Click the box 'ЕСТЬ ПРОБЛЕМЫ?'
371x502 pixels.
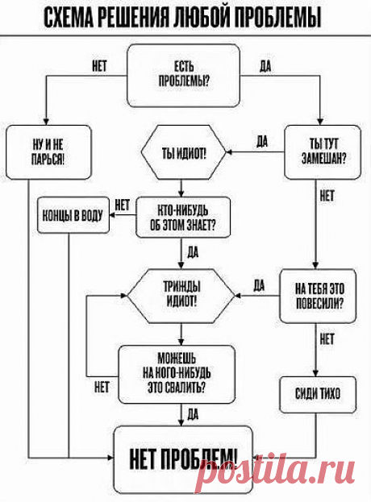click(184, 75)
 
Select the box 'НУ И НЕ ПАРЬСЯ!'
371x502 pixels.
click(48, 152)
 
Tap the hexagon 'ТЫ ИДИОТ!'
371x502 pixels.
click(184, 151)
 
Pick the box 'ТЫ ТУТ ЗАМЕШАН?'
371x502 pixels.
click(323, 152)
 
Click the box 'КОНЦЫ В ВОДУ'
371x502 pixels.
click(73, 215)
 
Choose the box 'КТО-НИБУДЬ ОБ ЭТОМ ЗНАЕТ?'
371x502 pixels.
click(183, 218)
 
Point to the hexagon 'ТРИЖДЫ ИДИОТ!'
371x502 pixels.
click(181, 296)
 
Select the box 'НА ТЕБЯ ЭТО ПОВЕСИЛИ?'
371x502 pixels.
click(318, 296)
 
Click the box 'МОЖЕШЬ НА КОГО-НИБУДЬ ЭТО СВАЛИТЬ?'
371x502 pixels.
click(177, 374)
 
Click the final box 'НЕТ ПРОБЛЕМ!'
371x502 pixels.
click(184, 459)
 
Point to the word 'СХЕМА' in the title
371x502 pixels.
click(68, 17)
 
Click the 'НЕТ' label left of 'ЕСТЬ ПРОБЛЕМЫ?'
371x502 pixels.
click(99, 66)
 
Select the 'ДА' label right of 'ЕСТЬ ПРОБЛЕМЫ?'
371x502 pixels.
click(265, 66)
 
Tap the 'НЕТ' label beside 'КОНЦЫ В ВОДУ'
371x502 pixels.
click(122, 205)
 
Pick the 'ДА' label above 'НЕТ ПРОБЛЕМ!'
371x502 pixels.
click(193, 415)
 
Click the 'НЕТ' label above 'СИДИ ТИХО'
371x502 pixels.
click(327, 339)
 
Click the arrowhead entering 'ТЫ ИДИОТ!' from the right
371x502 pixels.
click(229, 151)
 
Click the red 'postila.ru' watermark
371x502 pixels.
click(275, 471)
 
